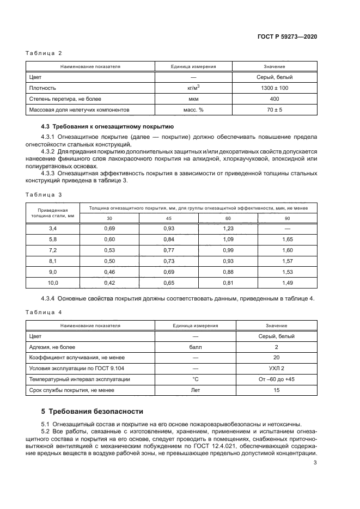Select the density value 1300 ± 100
tap(274, 88)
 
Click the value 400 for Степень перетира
tap(274, 99)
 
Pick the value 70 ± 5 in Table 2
tap(274, 109)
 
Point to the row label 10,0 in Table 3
tap(52, 283)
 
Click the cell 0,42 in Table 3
tap(109, 283)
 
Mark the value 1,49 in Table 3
tap(288, 283)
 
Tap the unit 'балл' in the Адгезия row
tap(195, 347)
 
